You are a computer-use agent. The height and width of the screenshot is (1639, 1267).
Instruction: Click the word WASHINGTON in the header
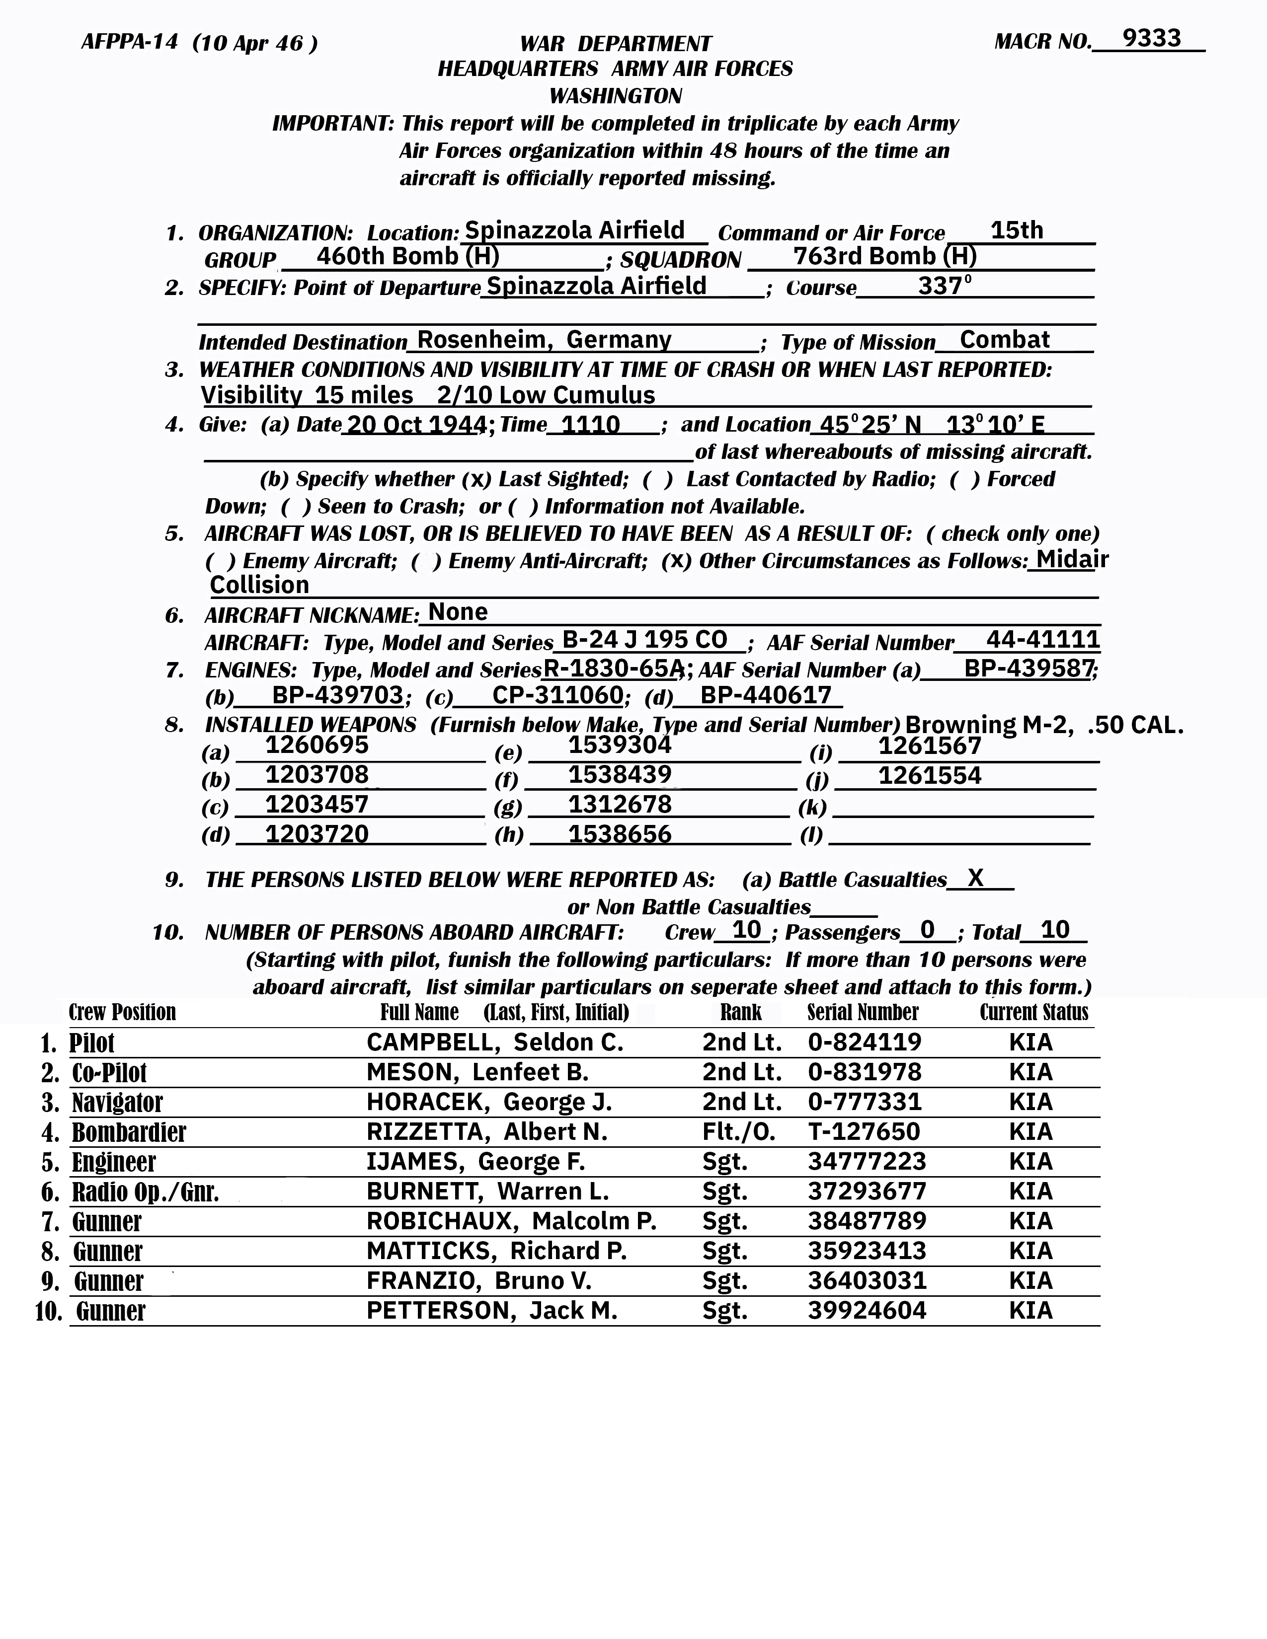coord(616,96)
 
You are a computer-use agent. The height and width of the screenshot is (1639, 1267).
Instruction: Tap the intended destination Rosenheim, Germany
coord(544,340)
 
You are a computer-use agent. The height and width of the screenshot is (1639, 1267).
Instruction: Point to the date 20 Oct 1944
coord(414,425)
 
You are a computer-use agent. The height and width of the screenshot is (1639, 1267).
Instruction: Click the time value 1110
coord(591,425)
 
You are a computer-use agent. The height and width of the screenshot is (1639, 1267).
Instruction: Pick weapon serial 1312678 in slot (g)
coord(619,805)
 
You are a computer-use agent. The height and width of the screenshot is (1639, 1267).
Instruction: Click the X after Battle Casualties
coord(975,877)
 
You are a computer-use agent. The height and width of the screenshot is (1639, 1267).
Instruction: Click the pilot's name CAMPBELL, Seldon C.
coord(495,1043)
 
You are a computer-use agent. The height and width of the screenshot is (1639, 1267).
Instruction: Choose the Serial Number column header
coord(863,1012)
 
